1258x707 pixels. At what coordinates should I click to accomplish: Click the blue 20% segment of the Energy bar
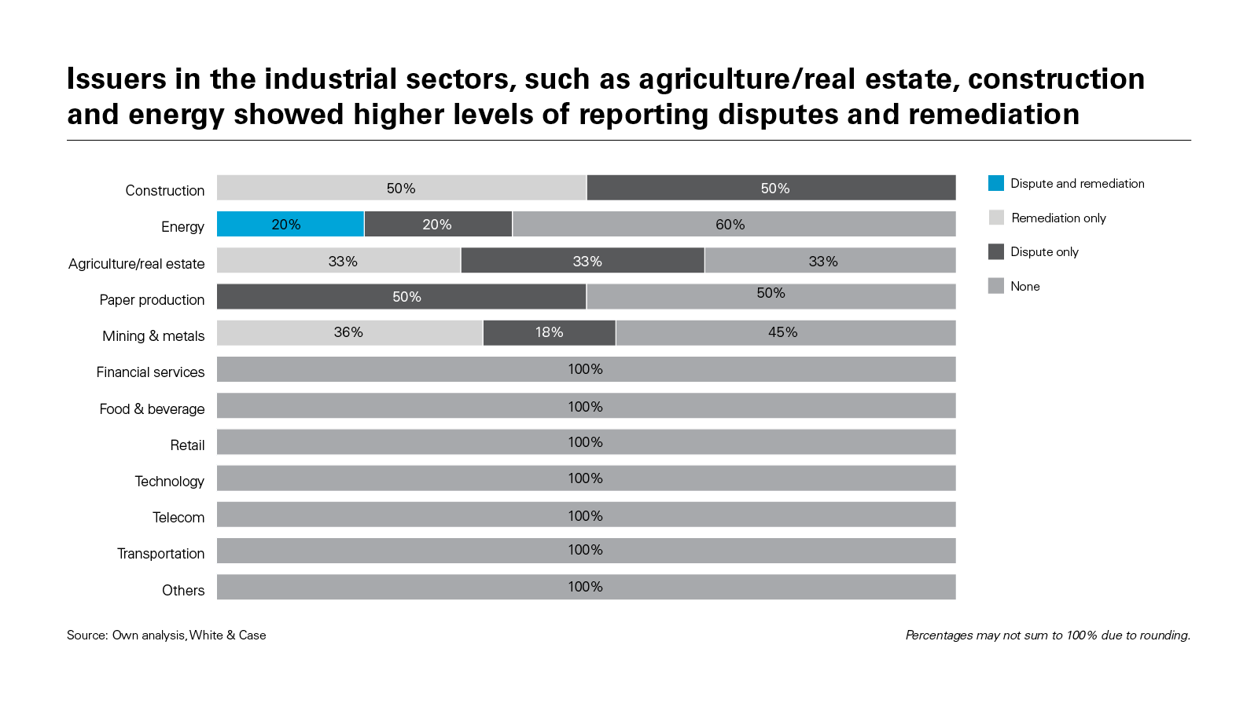290,224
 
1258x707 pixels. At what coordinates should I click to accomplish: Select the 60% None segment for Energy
734,224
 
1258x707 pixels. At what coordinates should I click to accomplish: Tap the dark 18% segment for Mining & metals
549,332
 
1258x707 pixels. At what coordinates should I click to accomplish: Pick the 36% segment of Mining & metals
349,332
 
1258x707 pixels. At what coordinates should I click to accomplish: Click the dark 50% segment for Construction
771,188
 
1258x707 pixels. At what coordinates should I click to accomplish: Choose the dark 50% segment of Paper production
401,296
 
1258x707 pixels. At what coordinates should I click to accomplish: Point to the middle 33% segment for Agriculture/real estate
583,260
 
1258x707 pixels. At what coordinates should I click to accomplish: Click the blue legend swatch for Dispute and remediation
996,183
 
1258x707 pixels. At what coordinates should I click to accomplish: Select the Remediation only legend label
1058,218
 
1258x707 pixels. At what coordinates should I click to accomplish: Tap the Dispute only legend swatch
996,251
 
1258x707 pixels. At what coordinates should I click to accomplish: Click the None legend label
1025,286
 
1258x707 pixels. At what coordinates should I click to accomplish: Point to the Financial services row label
150,372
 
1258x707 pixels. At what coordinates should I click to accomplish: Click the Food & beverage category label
152,408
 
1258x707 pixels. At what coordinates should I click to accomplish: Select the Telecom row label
178,517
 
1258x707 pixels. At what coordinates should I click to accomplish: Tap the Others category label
183,590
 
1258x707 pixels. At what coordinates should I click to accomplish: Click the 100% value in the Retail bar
586,442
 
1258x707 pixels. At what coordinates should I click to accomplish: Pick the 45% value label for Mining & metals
783,332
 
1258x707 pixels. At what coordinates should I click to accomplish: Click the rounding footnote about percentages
1047,635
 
